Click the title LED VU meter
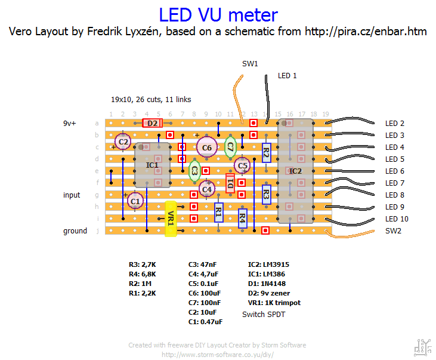[x=218, y=14]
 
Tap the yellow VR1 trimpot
[x=171, y=219]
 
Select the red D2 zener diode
[x=153, y=123]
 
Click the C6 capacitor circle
[x=207, y=147]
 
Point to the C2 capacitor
[x=123, y=142]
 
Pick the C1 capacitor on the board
[x=135, y=202]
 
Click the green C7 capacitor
[x=230, y=146]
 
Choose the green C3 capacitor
[x=194, y=171]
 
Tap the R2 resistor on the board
[x=266, y=152]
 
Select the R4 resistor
[x=242, y=219]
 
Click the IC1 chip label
[x=152, y=164]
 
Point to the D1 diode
[x=230, y=183]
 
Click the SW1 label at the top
[x=250, y=63]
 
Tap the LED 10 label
[x=397, y=219]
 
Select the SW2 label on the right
[x=394, y=231]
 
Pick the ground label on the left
[x=75, y=231]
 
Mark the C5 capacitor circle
[x=242, y=165]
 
